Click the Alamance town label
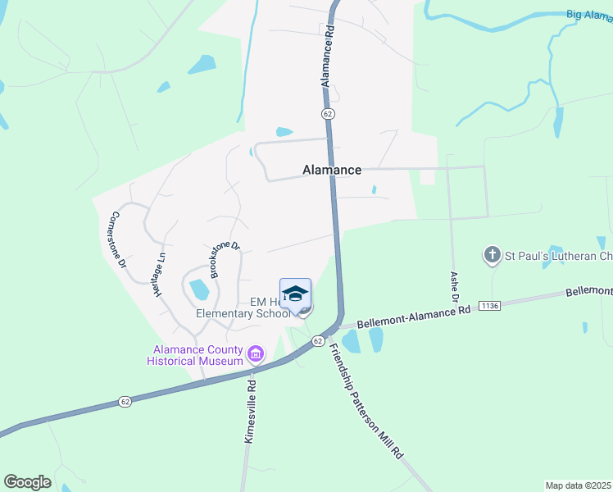[x=332, y=170]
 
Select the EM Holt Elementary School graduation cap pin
[x=295, y=294]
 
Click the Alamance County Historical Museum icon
[x=256, y=354]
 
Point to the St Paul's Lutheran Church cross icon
[x=492, y=255]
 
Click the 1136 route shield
[x=489, y=306]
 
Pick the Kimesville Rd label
[x=252, y=412]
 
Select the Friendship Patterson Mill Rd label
[x=366, y=401]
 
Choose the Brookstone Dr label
[x=224, y=259]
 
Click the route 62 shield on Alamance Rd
[x=327, y=112]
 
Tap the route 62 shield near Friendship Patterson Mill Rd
[x=317, y=340]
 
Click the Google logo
[x=27, y=482]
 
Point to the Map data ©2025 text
[x=578, y=485]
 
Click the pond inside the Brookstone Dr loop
[x=198, y=289]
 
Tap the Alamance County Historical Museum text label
[x=195, y=355]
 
